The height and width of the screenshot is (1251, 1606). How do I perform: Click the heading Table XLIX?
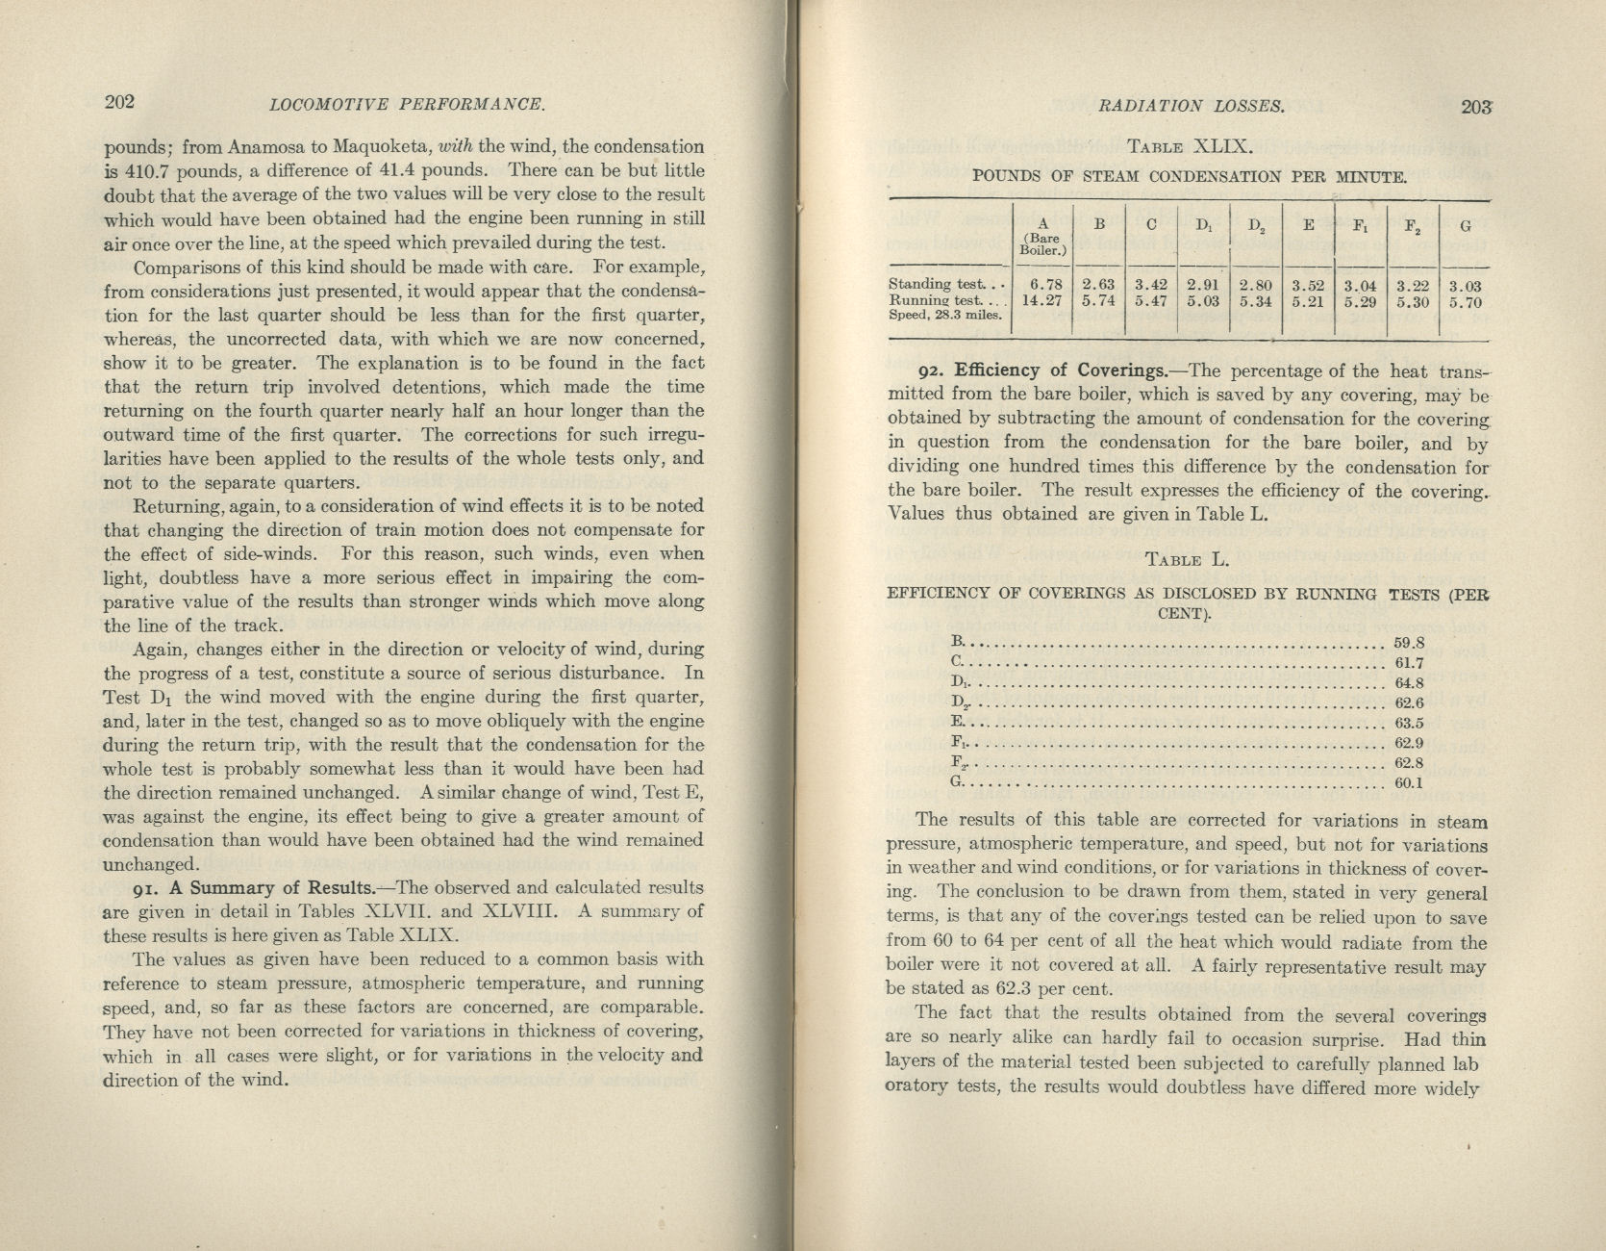tap(1189, 147)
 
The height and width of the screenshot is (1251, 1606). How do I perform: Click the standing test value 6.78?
tap(1044, 285)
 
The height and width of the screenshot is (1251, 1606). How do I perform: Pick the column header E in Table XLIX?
tap(1308, 226)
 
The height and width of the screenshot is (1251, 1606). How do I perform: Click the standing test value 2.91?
tap(1202, 285)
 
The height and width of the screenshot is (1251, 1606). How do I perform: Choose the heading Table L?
tap(1188, 559)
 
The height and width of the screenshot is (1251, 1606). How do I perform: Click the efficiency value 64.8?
tap(1409, 683)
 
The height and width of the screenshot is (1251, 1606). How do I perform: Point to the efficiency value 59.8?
tap(1409, 643)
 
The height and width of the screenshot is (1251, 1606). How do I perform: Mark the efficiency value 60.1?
tap(1409, 783)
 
